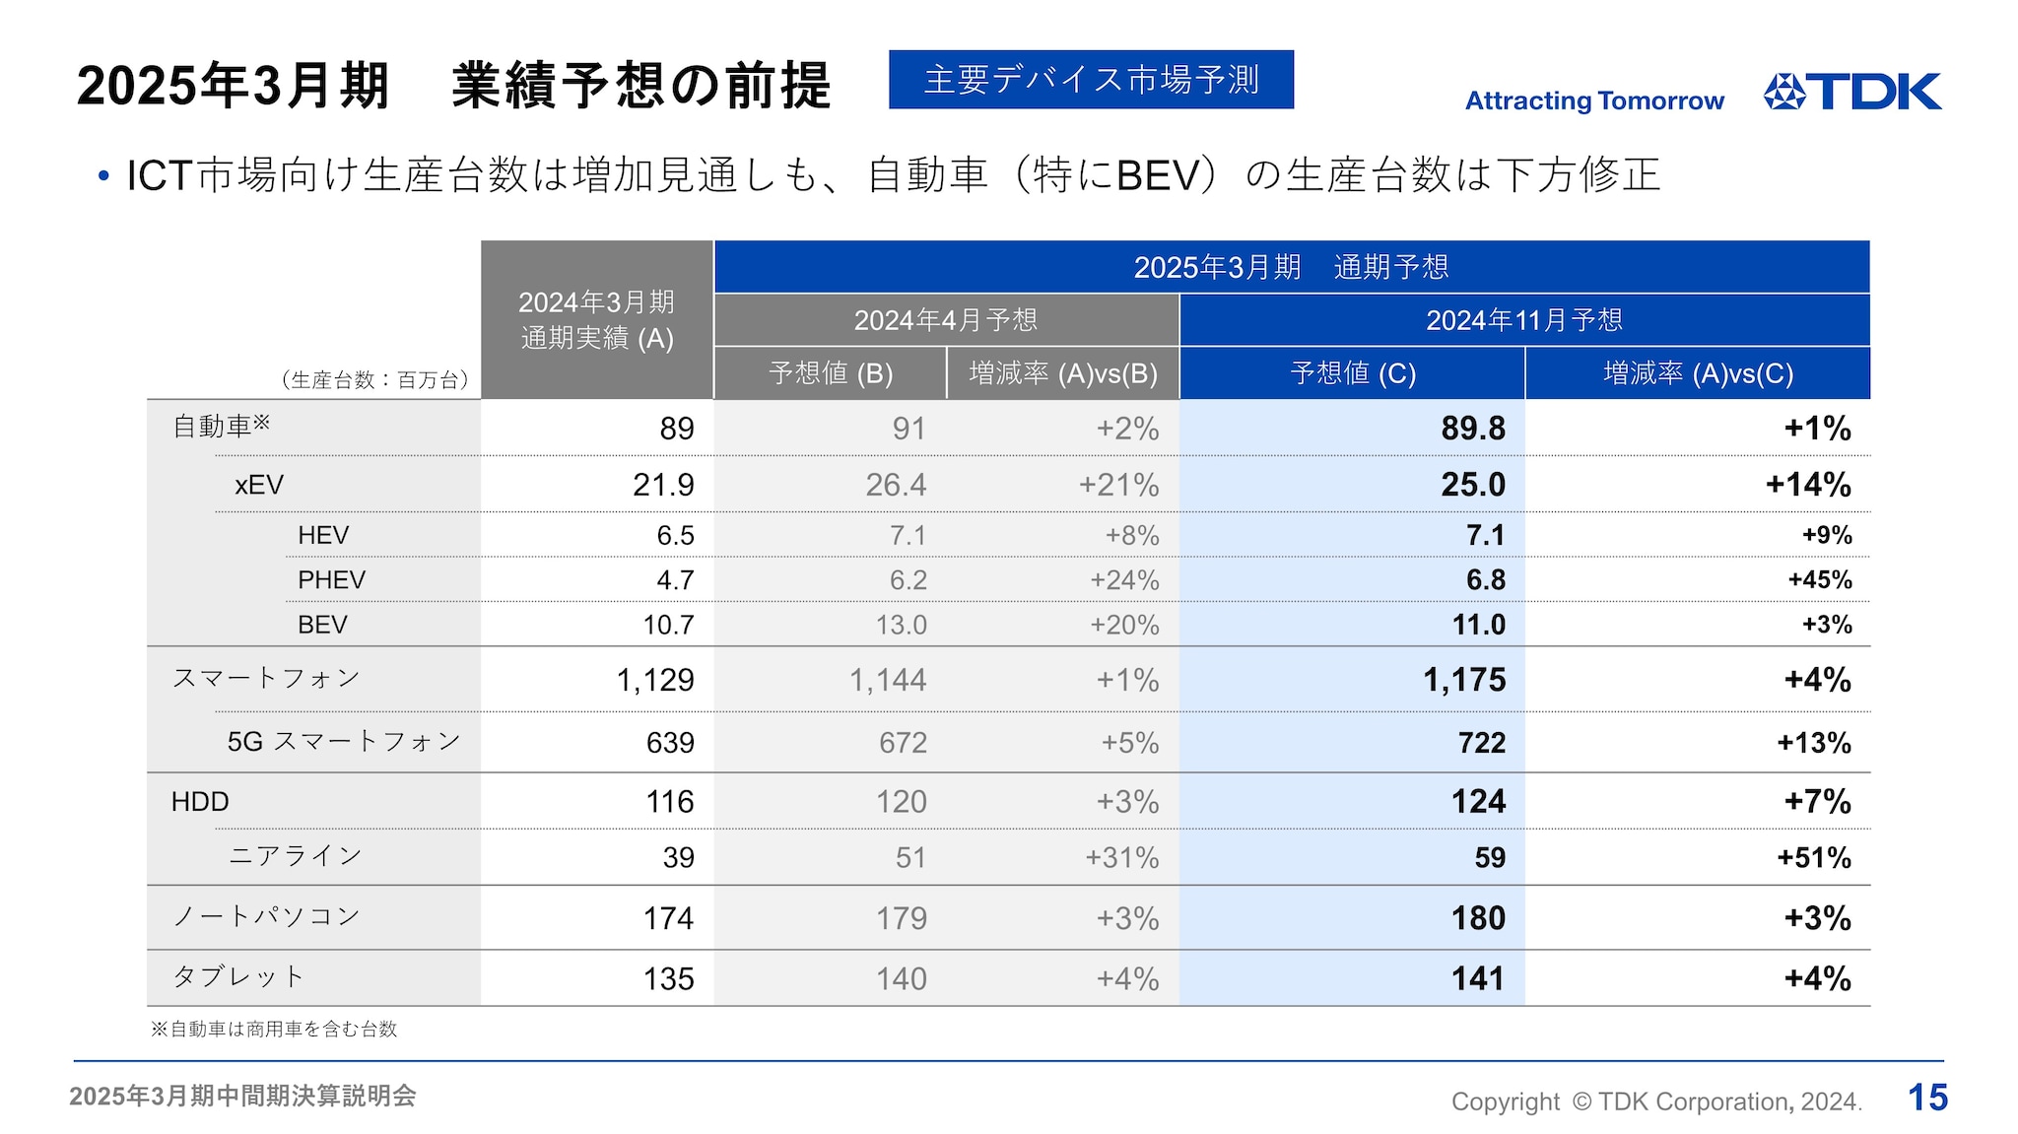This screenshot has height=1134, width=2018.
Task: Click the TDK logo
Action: pyautogui.click(x=1851, y=92)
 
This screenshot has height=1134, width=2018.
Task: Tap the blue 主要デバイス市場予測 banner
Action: pyautogui.click(x=1091, y=80)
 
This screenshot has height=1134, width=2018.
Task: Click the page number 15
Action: pyautogui.click(x=1927, y=1098)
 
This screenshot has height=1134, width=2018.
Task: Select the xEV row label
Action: pyautogui.click(x=259, y=485)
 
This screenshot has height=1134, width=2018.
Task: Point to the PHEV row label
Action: pyautogui.click(x=331, y=580)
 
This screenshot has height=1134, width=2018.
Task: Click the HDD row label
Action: pyautogui.click(x=200, y=802)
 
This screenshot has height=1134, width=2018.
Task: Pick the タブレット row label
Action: pyautogui.click(x=238, y=977)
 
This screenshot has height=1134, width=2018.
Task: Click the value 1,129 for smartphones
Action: pyautogui.click(x=654, y=680)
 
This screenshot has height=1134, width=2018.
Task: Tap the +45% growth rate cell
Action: pyautogui.click(x=1819, y=580)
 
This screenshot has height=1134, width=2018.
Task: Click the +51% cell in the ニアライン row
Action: pyautogui.click(x=1813, y=858)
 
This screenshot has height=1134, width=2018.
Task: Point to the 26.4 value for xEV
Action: pyautogui.click(x=896, y=485)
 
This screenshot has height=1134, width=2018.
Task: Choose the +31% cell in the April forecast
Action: pyautogui.click(x=1121, y=858)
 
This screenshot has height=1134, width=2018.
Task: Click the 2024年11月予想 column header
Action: pyautogui.click(x=1523, y=320)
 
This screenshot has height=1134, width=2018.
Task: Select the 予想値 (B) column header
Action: pyautogui.click(x=831, y=373)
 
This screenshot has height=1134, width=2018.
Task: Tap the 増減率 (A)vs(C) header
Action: pyautogui.click(x=1698, y=373)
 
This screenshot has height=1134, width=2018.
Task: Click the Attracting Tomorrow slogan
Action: pyautogui.click(x=1594, y=100)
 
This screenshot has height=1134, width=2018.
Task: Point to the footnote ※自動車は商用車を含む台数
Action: pyautogui.click(x=274, y=1030)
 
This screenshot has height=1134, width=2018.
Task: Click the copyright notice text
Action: pyautogui.click(x=1655, y=1101)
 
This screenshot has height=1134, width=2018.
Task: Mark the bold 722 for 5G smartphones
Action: pyautogui.click(x=1481, y=743)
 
